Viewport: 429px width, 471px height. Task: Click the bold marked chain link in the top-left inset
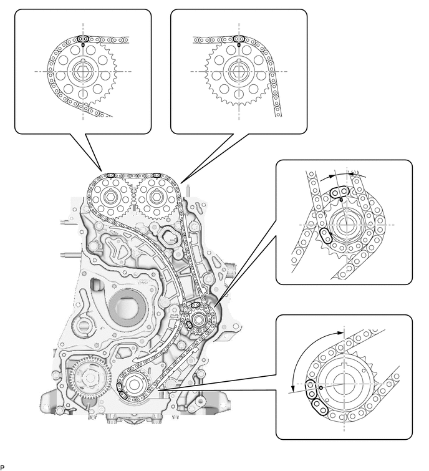click(x=82, y=40)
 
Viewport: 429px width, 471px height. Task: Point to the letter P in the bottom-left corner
click(x=2, y=467)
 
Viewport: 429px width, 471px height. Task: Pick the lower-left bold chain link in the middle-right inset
click(x=325, y=235)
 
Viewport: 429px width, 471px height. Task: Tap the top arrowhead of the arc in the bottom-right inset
click(x=343, y=331)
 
